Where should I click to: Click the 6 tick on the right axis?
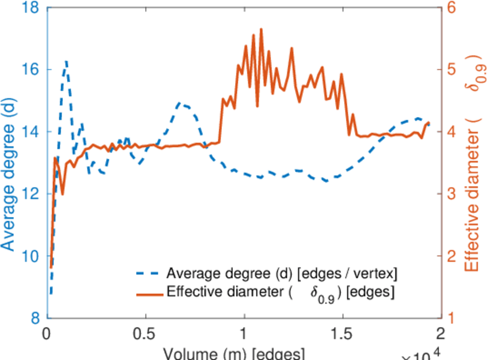click(x=451, y=7)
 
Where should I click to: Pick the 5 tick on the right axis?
click(x=451, y=70)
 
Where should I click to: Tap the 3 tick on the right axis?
click(x=451, y=194)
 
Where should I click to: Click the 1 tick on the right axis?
click(x=451, y=318)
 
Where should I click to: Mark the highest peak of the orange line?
click(x=261, y=29)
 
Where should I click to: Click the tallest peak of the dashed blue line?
click(x=66, y=61)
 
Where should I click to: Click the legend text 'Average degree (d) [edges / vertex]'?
click(x=282, y=274)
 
